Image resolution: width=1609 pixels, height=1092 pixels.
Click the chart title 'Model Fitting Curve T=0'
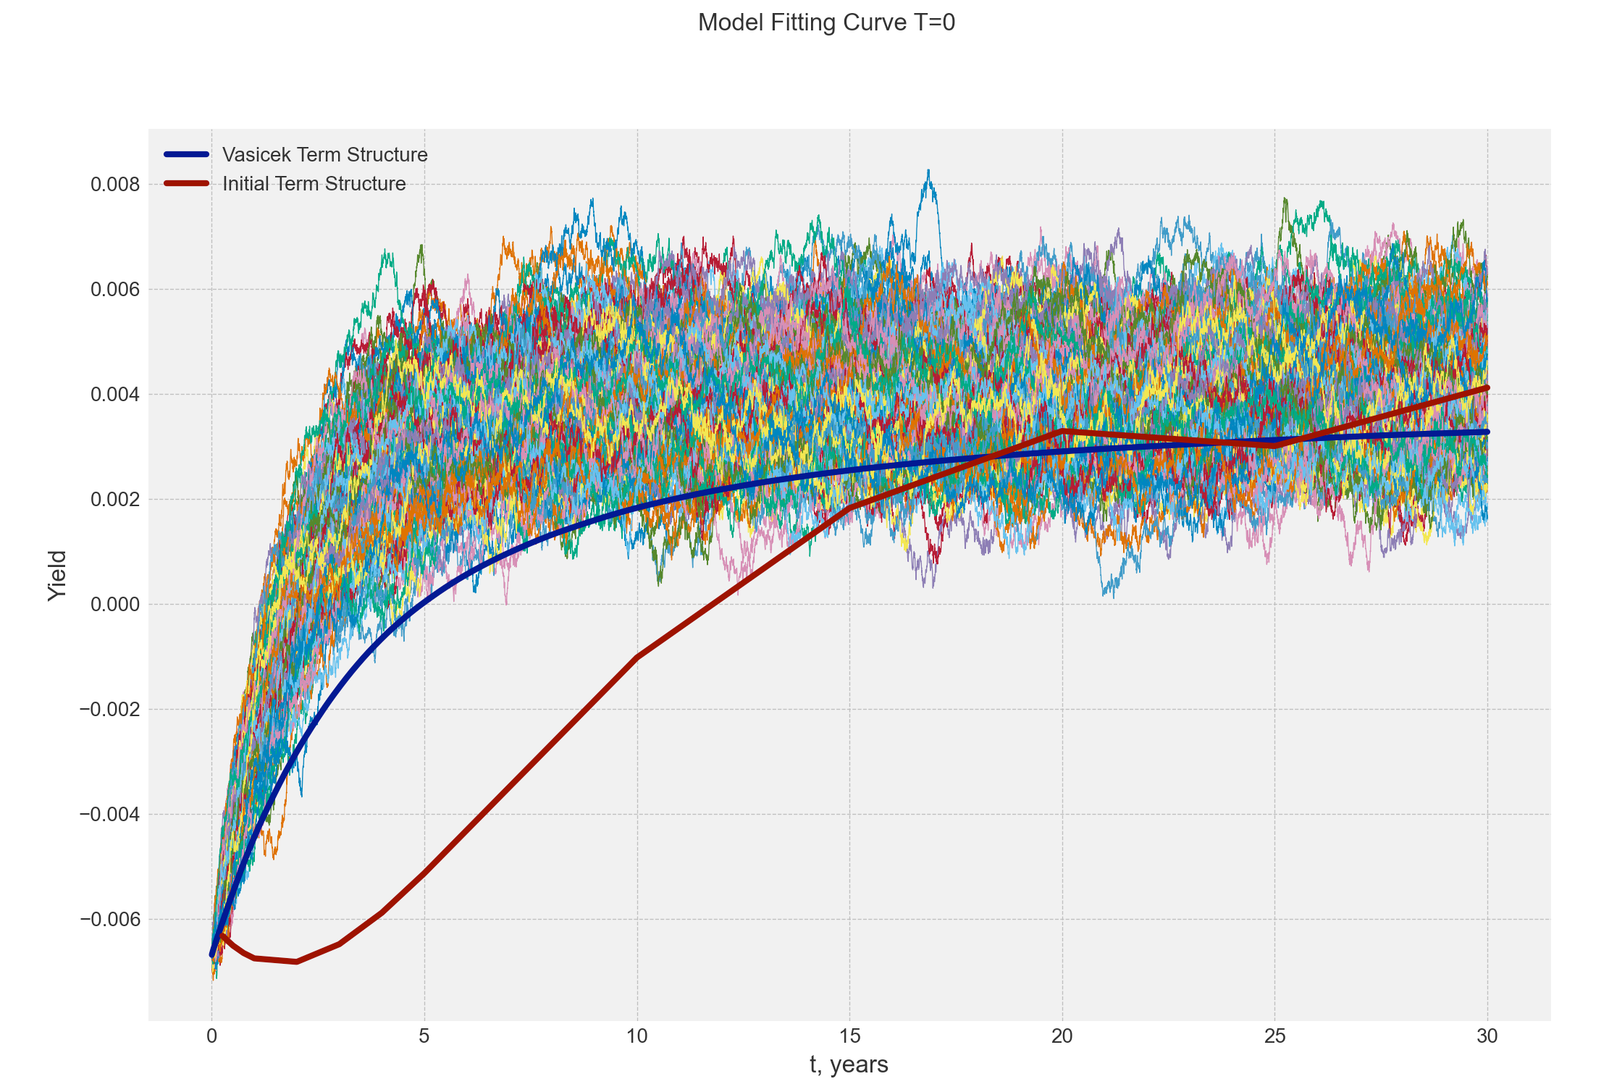click(x=826, y=23)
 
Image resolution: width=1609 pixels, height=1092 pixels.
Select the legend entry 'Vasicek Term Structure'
click(x=324, y=155)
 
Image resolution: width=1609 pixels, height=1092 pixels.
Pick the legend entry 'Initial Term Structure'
click(x=314, y=184)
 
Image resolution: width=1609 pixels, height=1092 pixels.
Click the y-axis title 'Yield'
click(x=57, y=576)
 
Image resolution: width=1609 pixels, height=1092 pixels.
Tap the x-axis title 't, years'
click(x=849, y=1064)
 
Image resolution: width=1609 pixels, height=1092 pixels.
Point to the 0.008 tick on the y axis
click(x=114, y=185)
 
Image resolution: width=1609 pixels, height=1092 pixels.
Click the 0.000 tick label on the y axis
click(x=114, y=605)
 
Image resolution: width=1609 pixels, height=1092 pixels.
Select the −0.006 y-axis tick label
click(x=109, y=920)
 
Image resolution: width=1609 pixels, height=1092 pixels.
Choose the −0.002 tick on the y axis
click(x=109, y=710)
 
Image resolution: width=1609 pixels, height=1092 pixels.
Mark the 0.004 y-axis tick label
click(x=114, y=395)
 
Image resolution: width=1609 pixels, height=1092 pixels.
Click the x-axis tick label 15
click(x=849, y=1037)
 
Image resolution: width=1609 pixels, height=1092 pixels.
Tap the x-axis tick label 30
click(x=1487, y=1037)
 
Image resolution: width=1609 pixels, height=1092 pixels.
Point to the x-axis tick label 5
click(x=424, y=1037)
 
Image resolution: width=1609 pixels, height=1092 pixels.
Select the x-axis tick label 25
click(x=1274, y=1037)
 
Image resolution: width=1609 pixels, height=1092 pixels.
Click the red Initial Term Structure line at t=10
click(x=637, y=657)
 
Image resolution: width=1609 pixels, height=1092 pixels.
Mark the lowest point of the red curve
click(x=296, y=962)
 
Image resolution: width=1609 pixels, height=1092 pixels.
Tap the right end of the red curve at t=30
click(x=1487, y=388)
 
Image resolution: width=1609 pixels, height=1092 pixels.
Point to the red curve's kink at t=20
click(x=1062, y=431)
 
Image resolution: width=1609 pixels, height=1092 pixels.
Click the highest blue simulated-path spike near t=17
click(x=928, y=171)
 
